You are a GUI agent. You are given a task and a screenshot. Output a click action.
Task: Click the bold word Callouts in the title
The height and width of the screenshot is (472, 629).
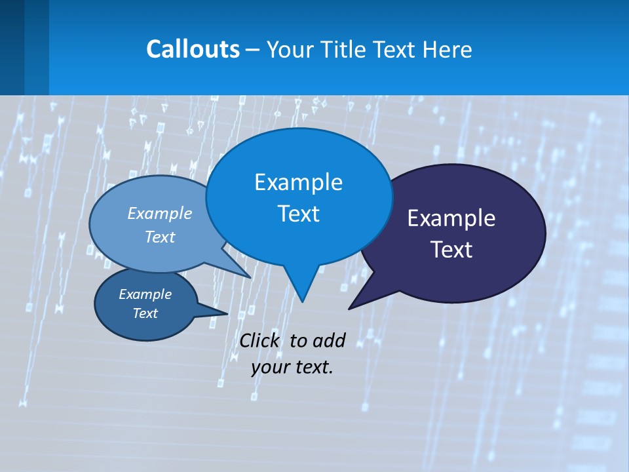[x=193, y=49]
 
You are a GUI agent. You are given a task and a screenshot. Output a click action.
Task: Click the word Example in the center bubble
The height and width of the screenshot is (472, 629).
[x=298, y=182]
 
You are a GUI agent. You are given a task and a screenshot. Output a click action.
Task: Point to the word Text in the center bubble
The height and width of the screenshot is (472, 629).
[x=298, y=214]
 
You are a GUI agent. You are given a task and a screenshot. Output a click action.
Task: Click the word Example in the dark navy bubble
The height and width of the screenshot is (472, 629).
[x=451, y=218]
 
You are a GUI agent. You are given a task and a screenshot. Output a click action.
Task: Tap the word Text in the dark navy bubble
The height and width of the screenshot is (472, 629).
[x=451, y=250]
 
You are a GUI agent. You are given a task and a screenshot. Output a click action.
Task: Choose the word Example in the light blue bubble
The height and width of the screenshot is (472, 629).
[x=160, y=213]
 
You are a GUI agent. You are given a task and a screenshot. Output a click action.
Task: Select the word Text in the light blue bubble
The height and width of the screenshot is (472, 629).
[x=160, y=237]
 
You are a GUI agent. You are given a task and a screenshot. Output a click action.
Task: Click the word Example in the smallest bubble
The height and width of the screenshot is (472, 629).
[x=145, y=294]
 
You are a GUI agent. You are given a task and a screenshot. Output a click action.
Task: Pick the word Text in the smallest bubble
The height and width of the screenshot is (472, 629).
[x=145, y=313]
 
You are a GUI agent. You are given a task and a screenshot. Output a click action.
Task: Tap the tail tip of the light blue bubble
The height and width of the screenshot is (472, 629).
[x=250, y=277]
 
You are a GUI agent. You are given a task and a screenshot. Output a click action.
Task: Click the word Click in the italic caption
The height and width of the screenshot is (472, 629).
[x=259, y=340]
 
